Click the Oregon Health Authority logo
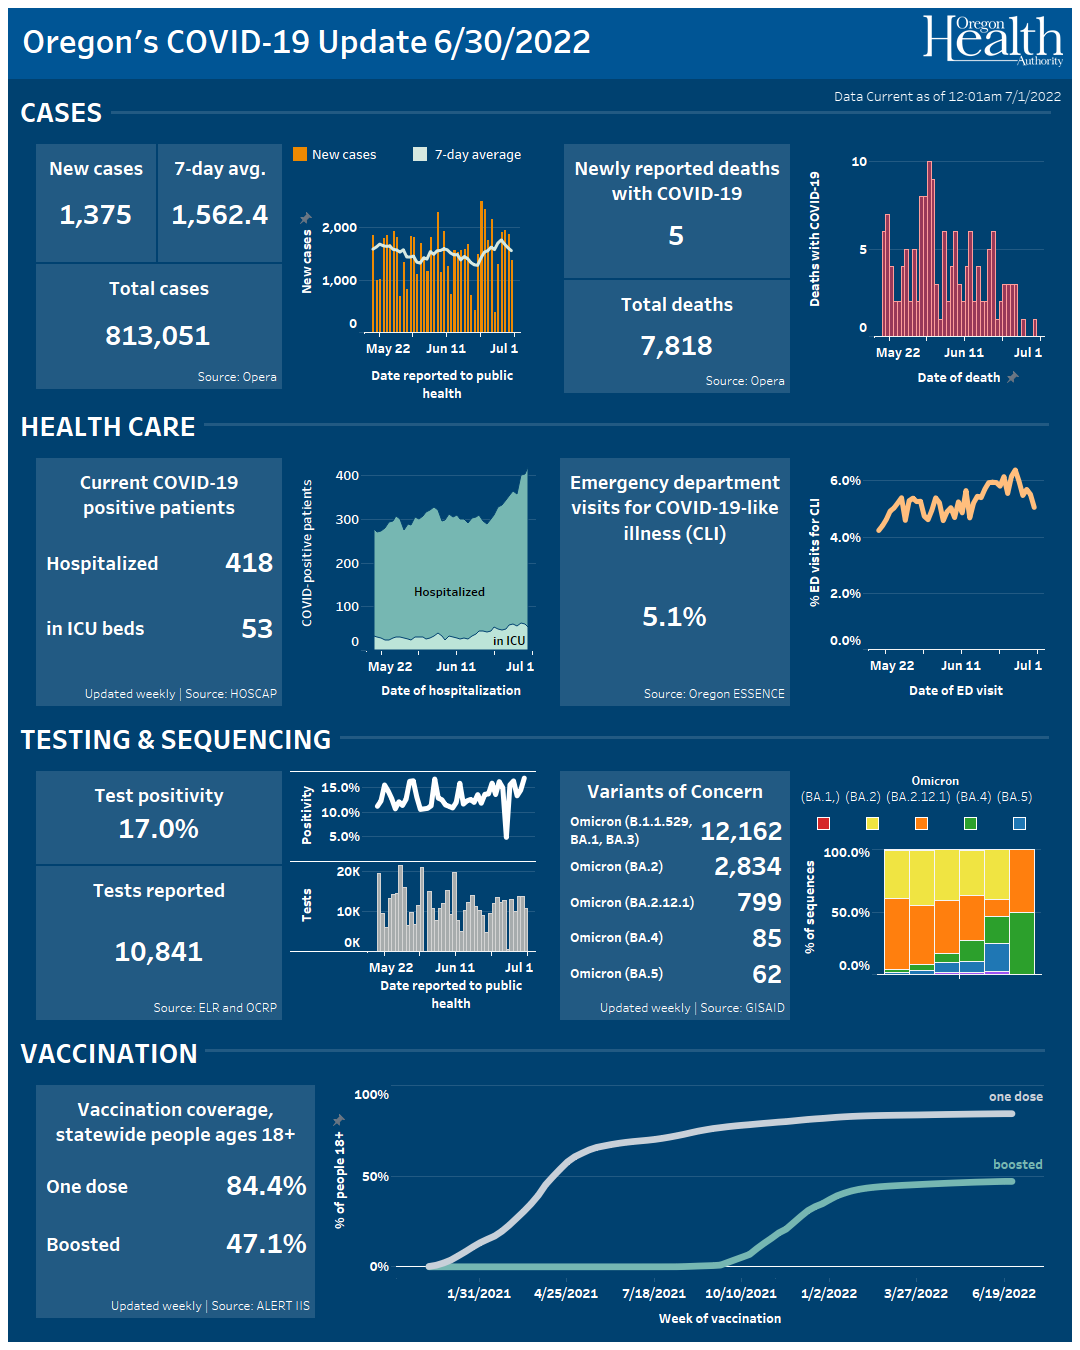tap(992, 40)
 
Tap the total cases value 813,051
tap(158, 336)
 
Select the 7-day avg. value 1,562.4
tap(220, 215)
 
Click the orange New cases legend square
tap(300, 154)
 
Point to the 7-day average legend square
tap(420, 154)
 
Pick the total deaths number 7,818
tap(677, 346)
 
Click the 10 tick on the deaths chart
tap(859, 162)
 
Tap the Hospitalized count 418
tap(249, 563)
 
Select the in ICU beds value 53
tap(257, 628)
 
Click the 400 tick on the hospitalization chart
tap(347, 476)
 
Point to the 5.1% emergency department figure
tap(674, 617)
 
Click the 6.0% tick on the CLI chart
tap(845, 481)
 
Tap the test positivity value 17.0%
tap(159, 829)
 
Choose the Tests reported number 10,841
tap(159, 952)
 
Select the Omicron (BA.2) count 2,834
tap(747, 866)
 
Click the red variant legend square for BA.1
tap(823, 823)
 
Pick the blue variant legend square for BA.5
tap(1019, 823)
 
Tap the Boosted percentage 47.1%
tap(266, 1244)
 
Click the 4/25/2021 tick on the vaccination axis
tap(566, 1293)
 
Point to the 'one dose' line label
tap(1015, 1097)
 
